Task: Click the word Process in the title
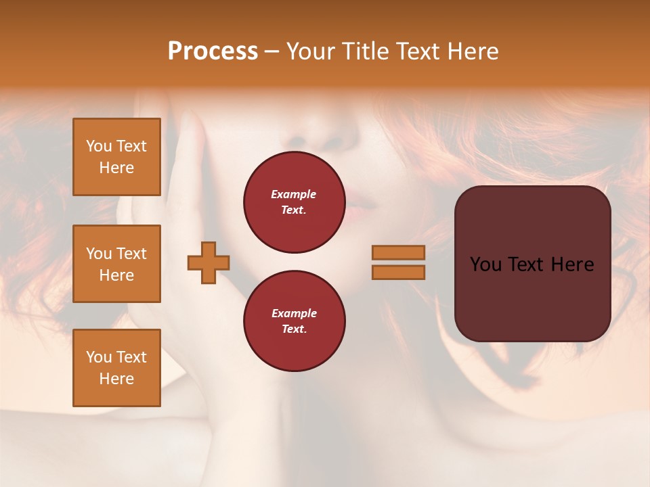coord(213,51)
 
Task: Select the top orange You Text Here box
coord(116,157)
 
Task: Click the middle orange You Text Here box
coord(116,264)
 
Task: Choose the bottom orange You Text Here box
coord(116,367)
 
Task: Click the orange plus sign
coord(209,262)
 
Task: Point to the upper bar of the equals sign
coord(398,252)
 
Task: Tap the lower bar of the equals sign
coord(398,272)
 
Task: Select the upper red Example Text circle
coord(294,202)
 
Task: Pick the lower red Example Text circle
coord(294,321)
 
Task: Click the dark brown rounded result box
coord(532,263)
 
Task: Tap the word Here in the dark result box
coord(571,264)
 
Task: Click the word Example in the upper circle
coord(294,194)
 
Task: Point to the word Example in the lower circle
coord(294,313)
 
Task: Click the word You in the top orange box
coord(99,146)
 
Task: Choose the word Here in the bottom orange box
coord(116,379)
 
